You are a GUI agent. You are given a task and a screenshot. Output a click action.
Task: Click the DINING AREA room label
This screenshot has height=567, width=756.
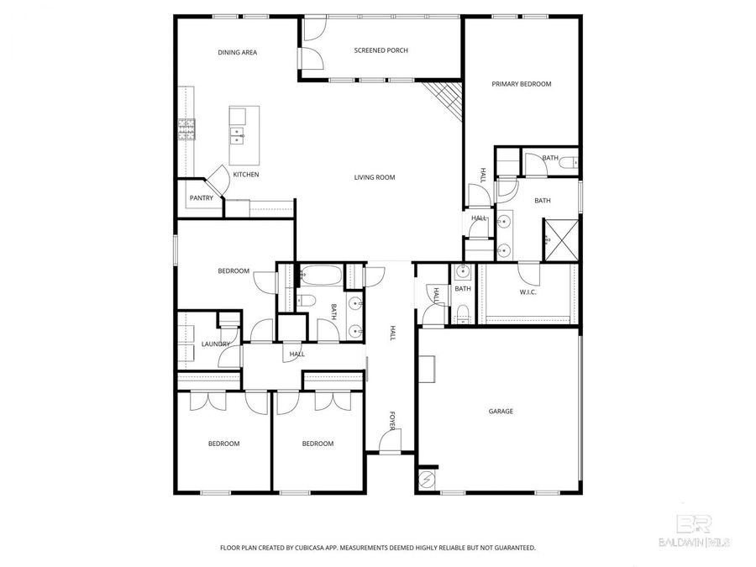tap(237, 52)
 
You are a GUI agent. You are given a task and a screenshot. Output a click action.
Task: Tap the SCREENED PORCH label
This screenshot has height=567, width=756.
tap(381, 50)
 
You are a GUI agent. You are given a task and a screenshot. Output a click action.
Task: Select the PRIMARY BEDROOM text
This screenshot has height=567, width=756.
tap(521, 84)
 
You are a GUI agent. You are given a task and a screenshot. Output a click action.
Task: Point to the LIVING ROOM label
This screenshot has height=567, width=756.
tap(374, 177)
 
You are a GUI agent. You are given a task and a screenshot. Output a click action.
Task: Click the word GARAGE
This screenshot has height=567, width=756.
tap(501, 412)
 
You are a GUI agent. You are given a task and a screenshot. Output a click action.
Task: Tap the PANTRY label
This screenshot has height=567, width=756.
tap(201, 198)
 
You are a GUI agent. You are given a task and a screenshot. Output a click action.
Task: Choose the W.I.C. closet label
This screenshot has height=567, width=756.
tap(528, 292)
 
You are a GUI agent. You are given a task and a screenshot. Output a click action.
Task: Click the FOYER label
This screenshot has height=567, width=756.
tap(391, 420)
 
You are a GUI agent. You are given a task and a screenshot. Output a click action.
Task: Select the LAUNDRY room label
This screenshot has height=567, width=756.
tap(216, 344)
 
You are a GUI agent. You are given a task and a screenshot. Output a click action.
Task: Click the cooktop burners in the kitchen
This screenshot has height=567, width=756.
tap(186, 128)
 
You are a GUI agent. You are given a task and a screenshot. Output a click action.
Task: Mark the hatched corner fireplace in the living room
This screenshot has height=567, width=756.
tap(446, 100)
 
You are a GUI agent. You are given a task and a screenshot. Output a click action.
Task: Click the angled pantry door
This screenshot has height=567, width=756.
tap(216, 178)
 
